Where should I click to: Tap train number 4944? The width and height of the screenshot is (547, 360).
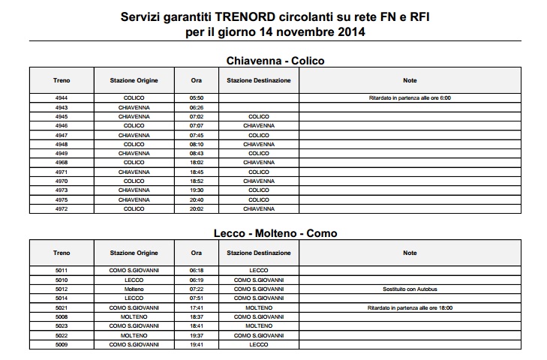click(x=62, y=98)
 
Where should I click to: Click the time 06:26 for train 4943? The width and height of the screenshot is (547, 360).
click(x=197, y=107)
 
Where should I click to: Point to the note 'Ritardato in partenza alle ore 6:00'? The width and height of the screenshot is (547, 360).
click(x=410, y=98)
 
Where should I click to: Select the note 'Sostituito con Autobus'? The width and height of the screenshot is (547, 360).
click(x=410, y=289)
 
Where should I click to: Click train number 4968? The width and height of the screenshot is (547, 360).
click(x=62, y=162)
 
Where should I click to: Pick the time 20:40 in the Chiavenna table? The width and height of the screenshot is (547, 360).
click(x=197, y=199)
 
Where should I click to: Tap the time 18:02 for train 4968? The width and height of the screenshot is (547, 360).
click(x=197, y=162)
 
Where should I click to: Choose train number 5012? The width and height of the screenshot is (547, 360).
click(x=62, y=289)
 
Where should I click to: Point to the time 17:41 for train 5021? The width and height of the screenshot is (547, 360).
click(x=197, y=307)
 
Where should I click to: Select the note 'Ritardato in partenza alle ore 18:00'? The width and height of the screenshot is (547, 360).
click(x=410, y=307)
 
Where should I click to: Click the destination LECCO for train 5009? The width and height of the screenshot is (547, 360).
click(x=258, y=345)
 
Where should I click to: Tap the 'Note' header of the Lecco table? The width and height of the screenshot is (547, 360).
click(x=410, y=253)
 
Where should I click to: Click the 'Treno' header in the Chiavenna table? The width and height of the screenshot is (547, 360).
click(x=62, y=80)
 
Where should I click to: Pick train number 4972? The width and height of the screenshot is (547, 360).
click(x=62, y=208)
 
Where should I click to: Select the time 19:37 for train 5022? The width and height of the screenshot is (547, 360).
click(x=197, y=335)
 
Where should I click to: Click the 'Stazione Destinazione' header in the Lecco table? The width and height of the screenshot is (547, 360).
click(x=258, y=253)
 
